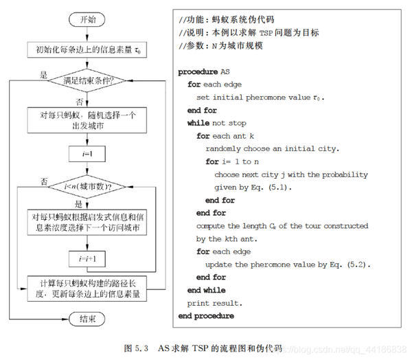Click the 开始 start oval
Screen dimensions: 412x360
(87, 20)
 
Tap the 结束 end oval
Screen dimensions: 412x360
(87, 319)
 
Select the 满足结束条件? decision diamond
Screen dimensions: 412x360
(87, 80)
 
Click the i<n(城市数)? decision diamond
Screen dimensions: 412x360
(87, 187)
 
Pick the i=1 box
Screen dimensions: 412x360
(87, 154)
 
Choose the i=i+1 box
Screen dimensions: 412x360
(87, 259)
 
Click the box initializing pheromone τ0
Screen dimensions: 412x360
(87, 49)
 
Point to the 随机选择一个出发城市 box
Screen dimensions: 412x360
(87, 120)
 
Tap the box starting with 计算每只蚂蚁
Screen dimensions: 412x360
(87, 289)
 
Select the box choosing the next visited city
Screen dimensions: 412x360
(87, 222)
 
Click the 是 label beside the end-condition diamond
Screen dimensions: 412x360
(43, 75)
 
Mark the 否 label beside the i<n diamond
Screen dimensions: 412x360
(44, 181)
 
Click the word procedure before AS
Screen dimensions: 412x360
(198, 71)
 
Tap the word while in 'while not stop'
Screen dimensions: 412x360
(198, 123)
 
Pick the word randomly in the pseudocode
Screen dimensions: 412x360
(223, 149)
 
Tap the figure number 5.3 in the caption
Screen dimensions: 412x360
(141, 348)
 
